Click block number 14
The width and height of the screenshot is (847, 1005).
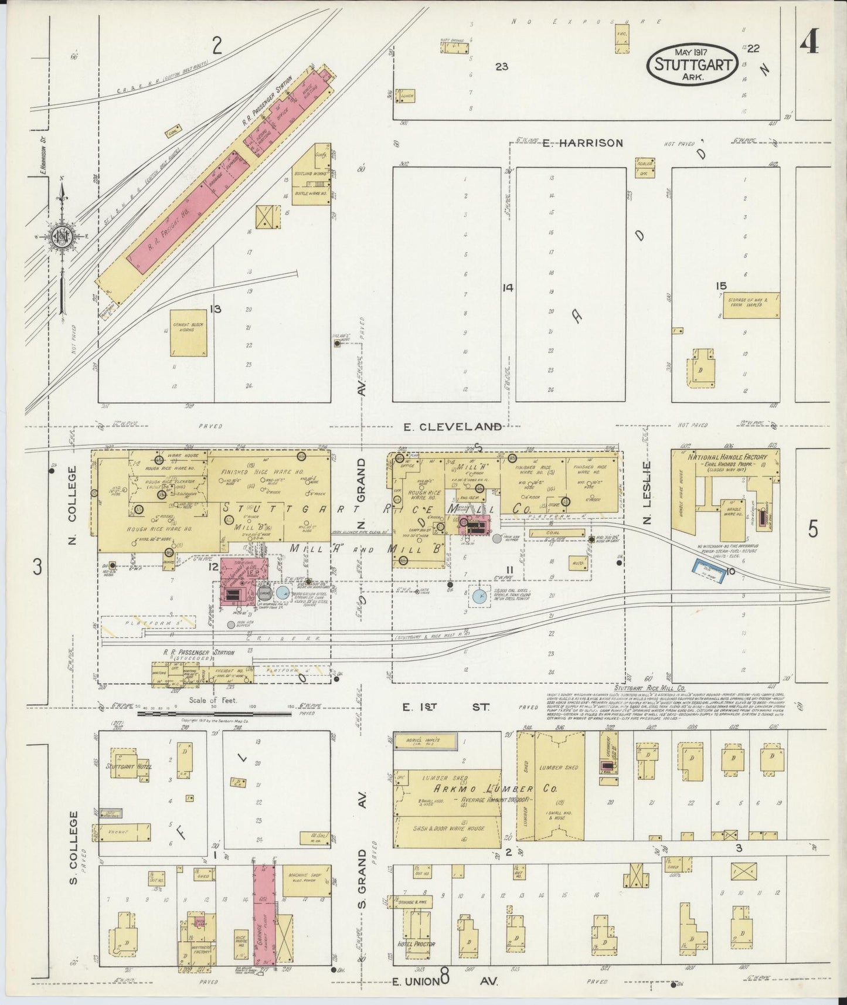tap(508, 288)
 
